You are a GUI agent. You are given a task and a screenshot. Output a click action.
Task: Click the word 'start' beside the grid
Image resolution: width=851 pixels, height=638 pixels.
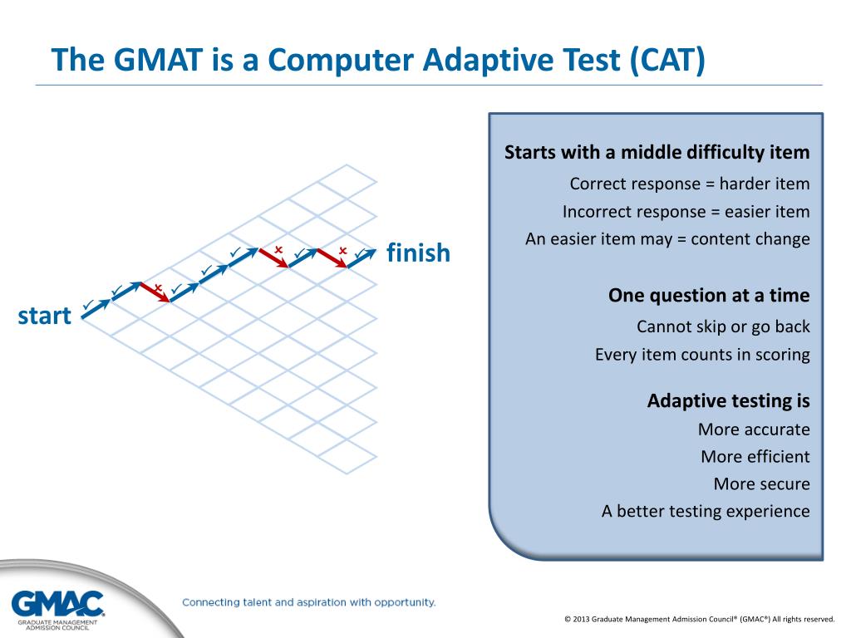click(45, 316)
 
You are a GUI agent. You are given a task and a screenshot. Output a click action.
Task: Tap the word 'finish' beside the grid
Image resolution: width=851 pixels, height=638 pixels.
click(419, 253)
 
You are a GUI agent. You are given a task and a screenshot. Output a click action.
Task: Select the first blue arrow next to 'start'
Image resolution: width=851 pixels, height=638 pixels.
click(96, 309)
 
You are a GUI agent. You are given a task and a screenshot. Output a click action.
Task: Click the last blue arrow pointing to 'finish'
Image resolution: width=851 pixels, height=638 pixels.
click(362, 258)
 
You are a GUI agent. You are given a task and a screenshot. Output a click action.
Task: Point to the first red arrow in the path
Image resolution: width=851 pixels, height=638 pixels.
click(155, 292)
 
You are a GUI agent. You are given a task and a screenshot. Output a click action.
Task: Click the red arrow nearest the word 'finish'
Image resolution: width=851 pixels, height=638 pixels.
click(332, 258)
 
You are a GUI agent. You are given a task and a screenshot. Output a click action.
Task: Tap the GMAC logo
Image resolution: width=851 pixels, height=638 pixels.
click(57, 610)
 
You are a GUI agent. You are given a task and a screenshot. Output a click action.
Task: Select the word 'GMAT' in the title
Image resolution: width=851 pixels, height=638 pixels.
click(159, 59)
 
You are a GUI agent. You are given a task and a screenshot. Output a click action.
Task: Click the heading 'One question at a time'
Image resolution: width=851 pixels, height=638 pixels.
click(709, 295)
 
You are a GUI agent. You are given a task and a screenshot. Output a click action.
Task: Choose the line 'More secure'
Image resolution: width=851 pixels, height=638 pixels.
click(761, 483)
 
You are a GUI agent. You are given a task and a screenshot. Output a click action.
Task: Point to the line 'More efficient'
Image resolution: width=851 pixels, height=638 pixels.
click(755, 456)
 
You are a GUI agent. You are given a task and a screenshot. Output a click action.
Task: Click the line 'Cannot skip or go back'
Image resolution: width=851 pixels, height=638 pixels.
click(723, 326)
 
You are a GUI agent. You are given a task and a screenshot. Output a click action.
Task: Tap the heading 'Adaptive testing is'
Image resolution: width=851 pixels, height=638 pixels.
click(728, 401)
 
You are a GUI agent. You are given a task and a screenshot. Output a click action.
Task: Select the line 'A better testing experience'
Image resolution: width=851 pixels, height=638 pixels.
click(706, 511)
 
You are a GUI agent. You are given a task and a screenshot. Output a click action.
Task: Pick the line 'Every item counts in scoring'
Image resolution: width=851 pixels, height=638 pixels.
click(702, 354)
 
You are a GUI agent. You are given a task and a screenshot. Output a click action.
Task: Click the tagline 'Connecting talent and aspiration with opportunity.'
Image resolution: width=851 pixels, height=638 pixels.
click(309, 602)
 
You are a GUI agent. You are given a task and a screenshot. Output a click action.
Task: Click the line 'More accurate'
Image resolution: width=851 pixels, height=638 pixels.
click(754, 429)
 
